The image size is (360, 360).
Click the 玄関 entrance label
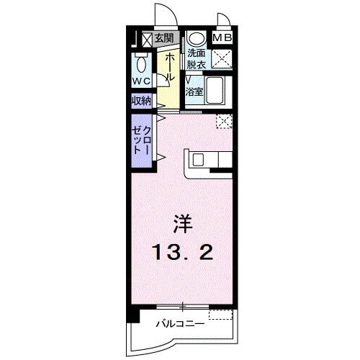(x=163, y=38)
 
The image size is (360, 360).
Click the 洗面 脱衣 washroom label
(x=196, y=58)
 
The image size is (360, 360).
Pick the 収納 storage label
(x=141, y=102)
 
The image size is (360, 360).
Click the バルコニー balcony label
(x=180, y=325)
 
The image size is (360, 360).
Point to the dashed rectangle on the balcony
(x=221, y=314)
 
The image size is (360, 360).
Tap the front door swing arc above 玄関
(x=163, y=16)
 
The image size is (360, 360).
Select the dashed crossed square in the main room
(x=225, y=121)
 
